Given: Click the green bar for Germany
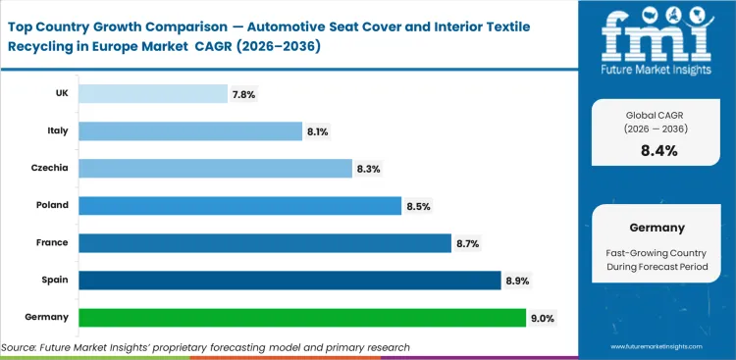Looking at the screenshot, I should (301, 318).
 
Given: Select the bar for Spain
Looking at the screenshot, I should (289, 281).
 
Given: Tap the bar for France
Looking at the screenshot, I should (265, 243).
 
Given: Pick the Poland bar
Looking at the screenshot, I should (239, 206).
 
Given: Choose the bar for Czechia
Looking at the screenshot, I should (215, 169).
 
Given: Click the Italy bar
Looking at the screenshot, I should (189, 131).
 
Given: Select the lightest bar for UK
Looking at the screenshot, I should (152, 94).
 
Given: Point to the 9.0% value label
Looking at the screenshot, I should (544, 318).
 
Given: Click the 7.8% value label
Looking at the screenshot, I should (244, 94).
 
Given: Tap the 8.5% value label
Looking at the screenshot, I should (419, 206).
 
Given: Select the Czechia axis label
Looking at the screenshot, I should (49, 168).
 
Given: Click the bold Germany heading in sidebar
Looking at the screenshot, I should (657, 227).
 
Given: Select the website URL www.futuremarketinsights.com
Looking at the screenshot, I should (664, 347).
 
